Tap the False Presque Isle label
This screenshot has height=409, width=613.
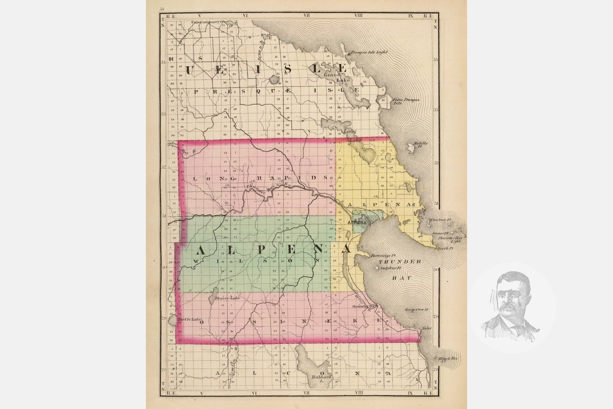(406, 101)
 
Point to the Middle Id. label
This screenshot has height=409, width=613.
(421, 144)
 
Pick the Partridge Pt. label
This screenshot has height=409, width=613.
(382, 256)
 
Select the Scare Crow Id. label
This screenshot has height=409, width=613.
(416, 310)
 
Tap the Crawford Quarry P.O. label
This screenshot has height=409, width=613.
(209, 22)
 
